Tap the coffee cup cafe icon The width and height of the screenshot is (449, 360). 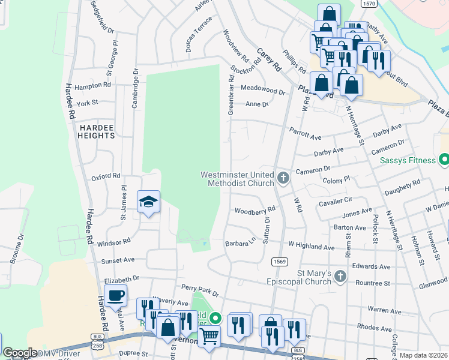click(115, 295)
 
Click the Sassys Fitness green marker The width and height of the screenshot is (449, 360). click(444, 160)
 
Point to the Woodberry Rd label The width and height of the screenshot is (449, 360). click(255, 211)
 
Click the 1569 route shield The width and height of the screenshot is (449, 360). click(279, 261)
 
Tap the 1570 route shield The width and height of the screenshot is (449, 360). click(369, 4)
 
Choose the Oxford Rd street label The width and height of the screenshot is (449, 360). click(106, 177)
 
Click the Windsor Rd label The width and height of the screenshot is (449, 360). click(113, 242)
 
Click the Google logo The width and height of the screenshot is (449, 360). click(20, 353)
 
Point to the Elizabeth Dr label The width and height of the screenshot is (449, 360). click(121, 279)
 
